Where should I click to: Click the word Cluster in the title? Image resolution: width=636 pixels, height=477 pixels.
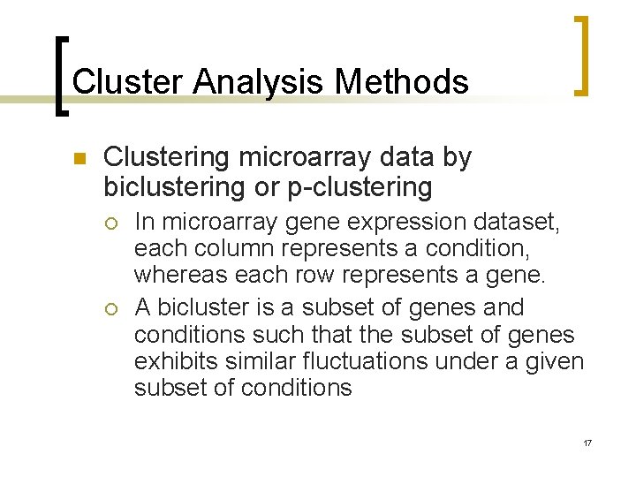click(128, 82)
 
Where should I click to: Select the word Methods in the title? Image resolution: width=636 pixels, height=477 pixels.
click(402, 82)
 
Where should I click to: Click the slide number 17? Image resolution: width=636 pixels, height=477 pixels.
click(587, 442)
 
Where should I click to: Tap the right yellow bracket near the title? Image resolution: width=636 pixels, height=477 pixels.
click(580, 55)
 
